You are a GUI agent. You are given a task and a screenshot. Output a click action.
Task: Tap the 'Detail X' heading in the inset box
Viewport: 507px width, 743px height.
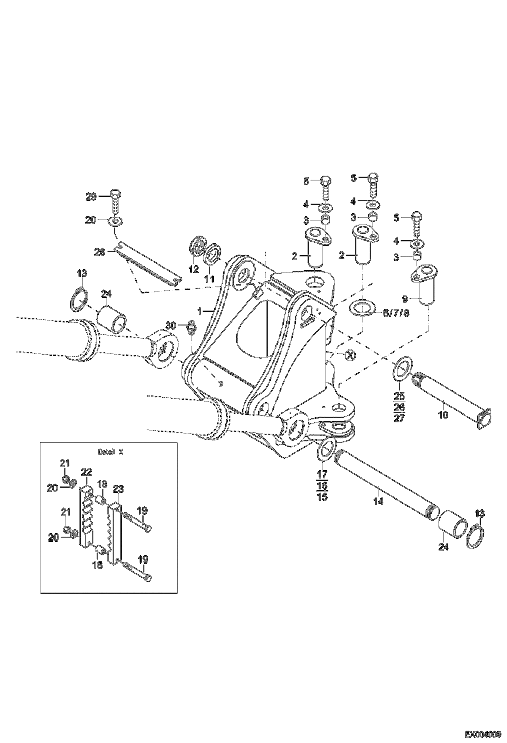coord(109,452)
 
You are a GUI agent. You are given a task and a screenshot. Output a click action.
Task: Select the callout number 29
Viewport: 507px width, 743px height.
coord(91,197)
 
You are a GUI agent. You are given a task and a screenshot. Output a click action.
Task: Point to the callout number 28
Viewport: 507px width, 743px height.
coord(100,252)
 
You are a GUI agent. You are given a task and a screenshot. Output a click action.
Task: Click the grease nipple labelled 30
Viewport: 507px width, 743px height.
coord(192,327)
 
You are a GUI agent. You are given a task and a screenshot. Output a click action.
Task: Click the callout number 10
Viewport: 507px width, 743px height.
coord(443,415)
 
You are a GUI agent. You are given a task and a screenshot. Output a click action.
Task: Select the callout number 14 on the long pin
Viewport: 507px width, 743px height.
coord(378,501)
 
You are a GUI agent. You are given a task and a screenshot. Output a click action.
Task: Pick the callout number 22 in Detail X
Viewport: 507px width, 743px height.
coord(86,472)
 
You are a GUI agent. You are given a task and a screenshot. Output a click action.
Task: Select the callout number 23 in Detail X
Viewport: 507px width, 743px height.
coord(118,489)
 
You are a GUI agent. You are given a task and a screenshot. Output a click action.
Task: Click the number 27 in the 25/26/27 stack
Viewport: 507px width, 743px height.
coord(399,418)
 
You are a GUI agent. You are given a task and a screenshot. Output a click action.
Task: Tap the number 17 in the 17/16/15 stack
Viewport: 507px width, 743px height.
coord(322,474)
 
